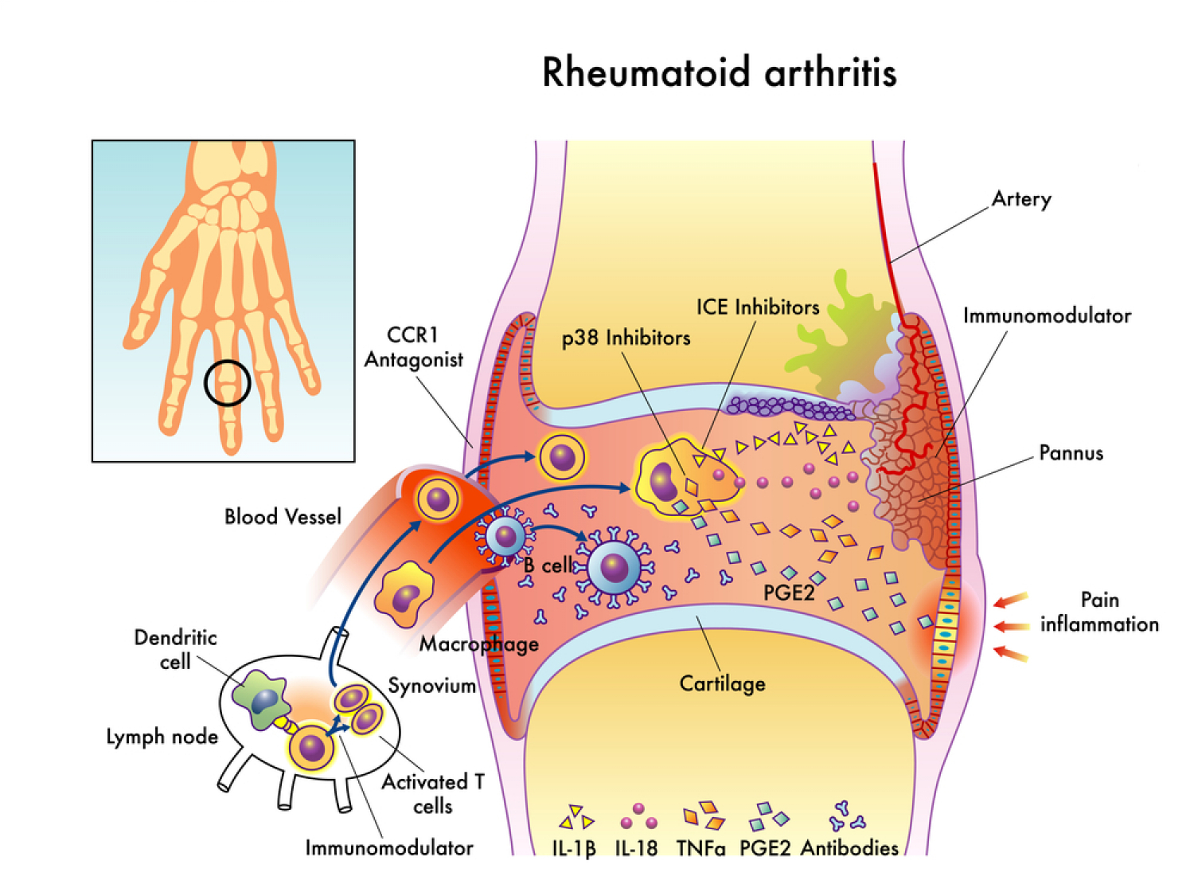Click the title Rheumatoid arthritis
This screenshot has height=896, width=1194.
tap(719, 72)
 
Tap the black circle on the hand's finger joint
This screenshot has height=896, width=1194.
tap(228, 383)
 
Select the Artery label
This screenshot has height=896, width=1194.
tap(1021, 199)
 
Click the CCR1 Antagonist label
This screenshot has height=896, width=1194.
tap(413, 347)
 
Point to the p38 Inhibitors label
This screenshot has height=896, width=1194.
tap(626, 338)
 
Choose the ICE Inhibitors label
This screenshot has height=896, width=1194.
tap(757, 307)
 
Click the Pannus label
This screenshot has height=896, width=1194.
tap(1071, 453)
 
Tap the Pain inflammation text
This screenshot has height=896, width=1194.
tap(1098, 612)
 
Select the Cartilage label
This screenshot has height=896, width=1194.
tap(722, 683)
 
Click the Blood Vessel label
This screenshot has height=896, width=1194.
tap(283, 517)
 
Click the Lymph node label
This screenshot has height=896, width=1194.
tap(162, 737)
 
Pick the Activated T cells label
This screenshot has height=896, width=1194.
tap(432, 793)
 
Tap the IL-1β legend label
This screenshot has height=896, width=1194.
tap(574, 848)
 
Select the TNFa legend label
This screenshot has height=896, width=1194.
tap(700, 848)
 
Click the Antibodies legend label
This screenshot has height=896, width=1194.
tap(849, 848)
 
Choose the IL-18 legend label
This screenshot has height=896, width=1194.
tap(636, 848)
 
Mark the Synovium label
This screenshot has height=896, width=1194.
tap(431, 686)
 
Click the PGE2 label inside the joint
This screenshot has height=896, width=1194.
tap(789, 593)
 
